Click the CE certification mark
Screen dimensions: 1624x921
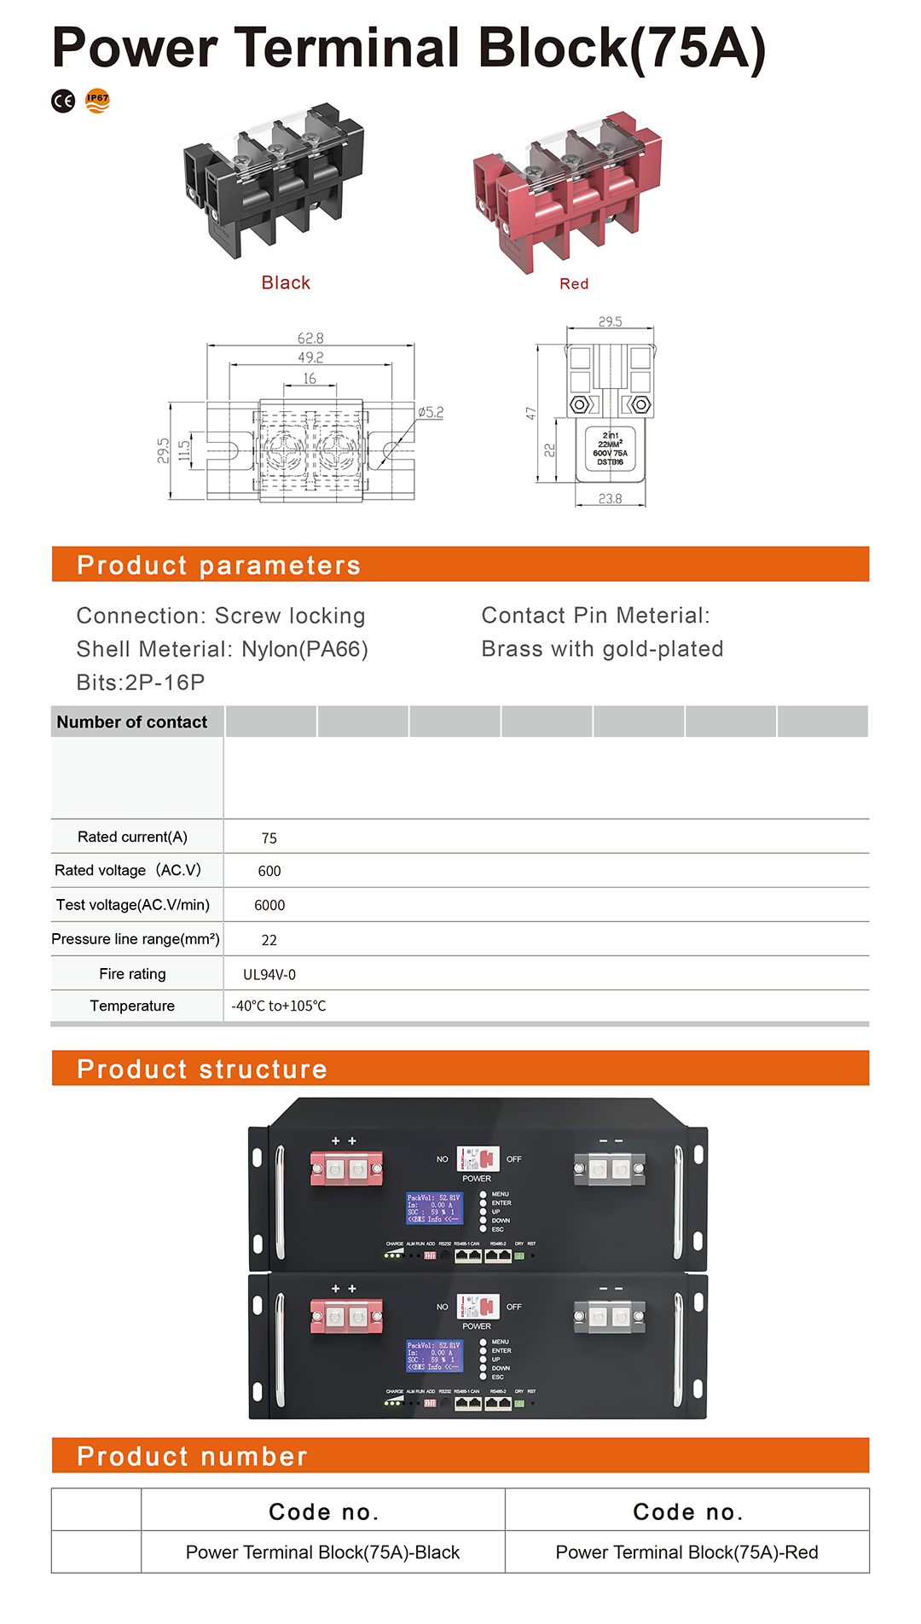tap(63, 101)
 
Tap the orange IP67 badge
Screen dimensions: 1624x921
tap(97, 100)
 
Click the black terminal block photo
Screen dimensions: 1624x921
tap(272, 181)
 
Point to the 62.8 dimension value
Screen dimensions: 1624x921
tap(310, 339)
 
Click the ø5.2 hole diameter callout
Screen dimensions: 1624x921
tap(431, 412)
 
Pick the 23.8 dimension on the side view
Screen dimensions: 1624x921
tap(610, 499)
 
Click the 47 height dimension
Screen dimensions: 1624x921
tap(531, 413)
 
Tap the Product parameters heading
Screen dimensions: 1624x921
tap(218, 565)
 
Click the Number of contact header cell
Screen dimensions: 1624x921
tap(132, 722)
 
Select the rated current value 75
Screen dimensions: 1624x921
tap(269, 838)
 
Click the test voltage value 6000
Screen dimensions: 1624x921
tap(269, 905)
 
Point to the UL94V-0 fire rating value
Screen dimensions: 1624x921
tap(269, 974)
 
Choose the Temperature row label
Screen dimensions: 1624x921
tap(132, 1006)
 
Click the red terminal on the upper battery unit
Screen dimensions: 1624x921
tap(346, 1168)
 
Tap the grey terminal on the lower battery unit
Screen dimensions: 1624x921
tap(609, 1317)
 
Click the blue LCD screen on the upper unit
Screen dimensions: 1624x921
tap(434, 1208)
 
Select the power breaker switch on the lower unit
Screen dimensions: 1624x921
tap(478, 1306)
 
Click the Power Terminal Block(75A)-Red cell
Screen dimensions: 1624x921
tap(686, 1552)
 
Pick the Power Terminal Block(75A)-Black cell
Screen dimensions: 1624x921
tap(322, 1552)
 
